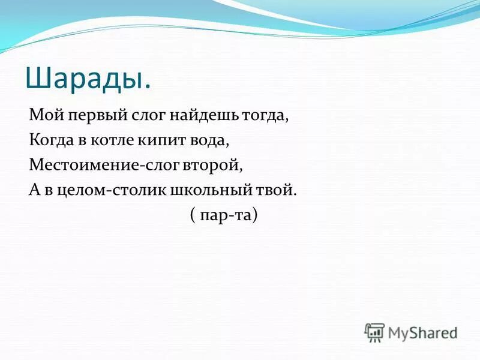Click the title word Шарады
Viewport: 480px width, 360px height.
pos(86,79)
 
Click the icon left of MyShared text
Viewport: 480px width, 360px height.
pos(374,332)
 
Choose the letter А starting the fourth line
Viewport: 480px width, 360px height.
pos(34,190)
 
